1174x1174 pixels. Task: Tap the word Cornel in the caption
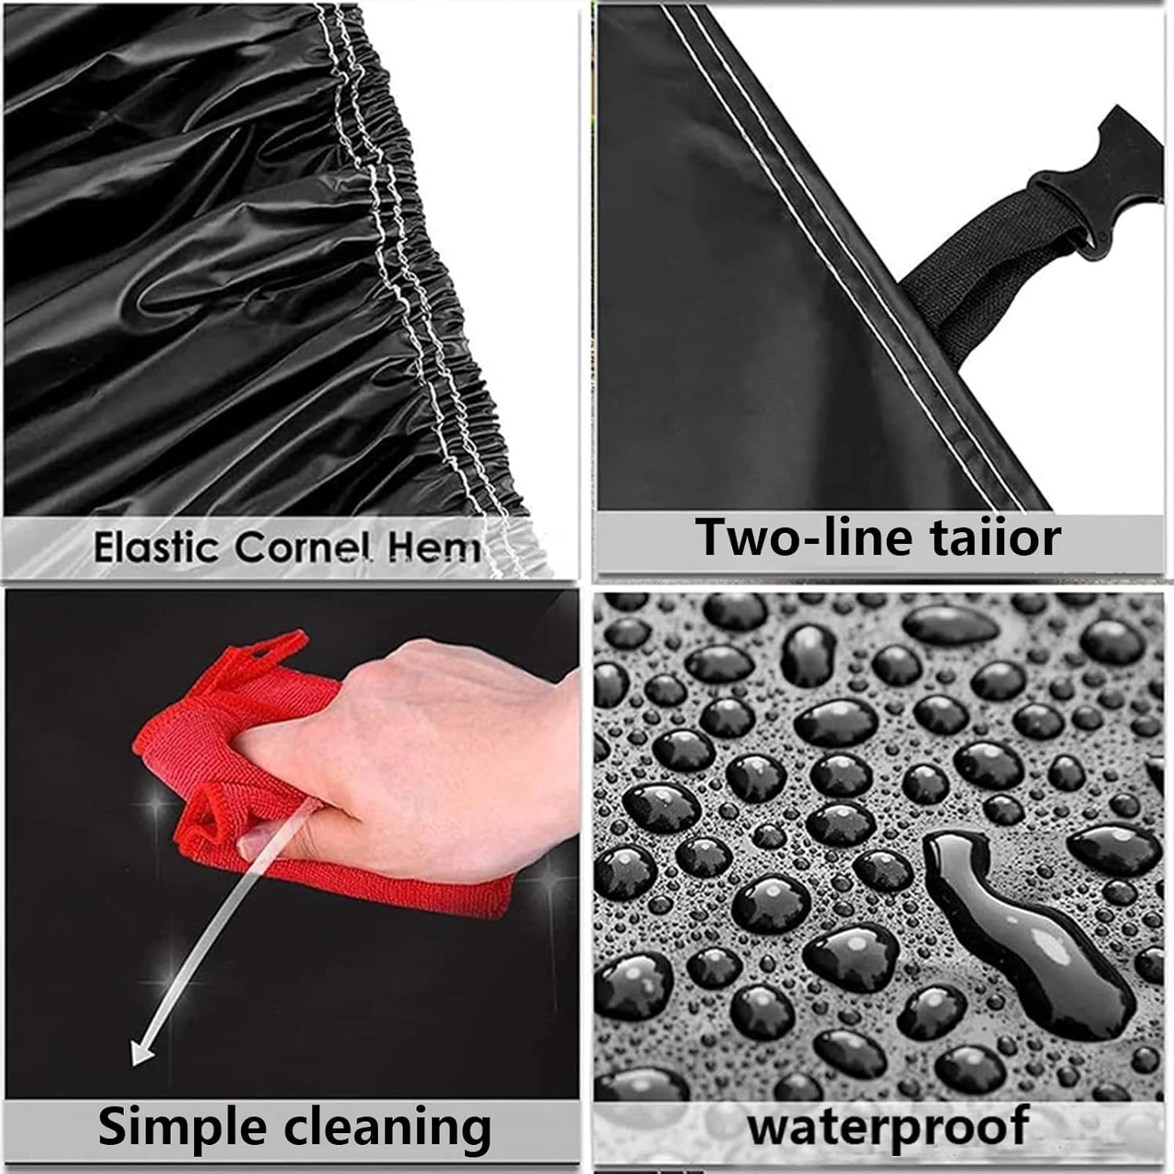(301, 547)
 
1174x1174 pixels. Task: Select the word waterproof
(888, 1126)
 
